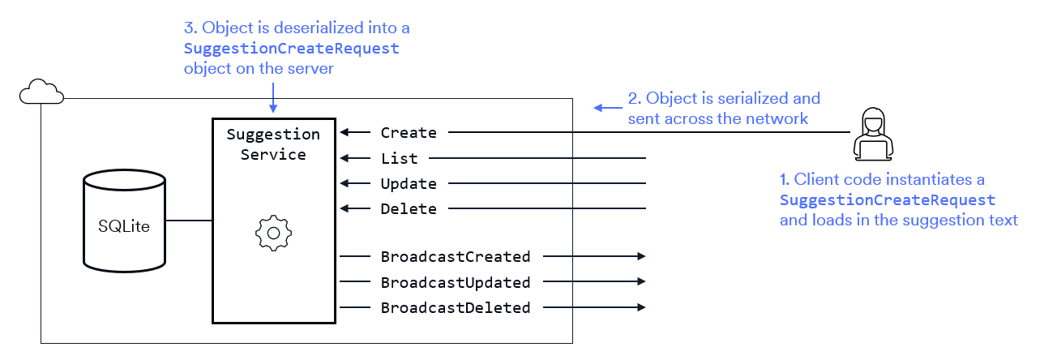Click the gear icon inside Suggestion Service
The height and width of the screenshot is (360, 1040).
(273, 233)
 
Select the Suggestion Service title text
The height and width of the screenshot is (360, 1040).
(273, 144)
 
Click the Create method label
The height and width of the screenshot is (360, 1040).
(409, 132)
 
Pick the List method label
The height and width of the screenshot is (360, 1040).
(399, 158)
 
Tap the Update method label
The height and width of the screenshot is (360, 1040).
(409, 184)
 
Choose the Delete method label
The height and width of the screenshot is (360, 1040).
(409, 209)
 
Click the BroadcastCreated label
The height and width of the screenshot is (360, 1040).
(456, 257)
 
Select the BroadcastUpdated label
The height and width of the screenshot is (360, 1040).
(456, 282)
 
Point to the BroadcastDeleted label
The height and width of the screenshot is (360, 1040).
(456, 307)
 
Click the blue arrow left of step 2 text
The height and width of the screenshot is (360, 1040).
(605, 107)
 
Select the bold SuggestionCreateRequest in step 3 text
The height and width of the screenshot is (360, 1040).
(292, 49)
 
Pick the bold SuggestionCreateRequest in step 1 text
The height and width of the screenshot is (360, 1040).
(888, 199)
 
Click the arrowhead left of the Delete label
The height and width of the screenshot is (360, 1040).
(345, 209)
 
